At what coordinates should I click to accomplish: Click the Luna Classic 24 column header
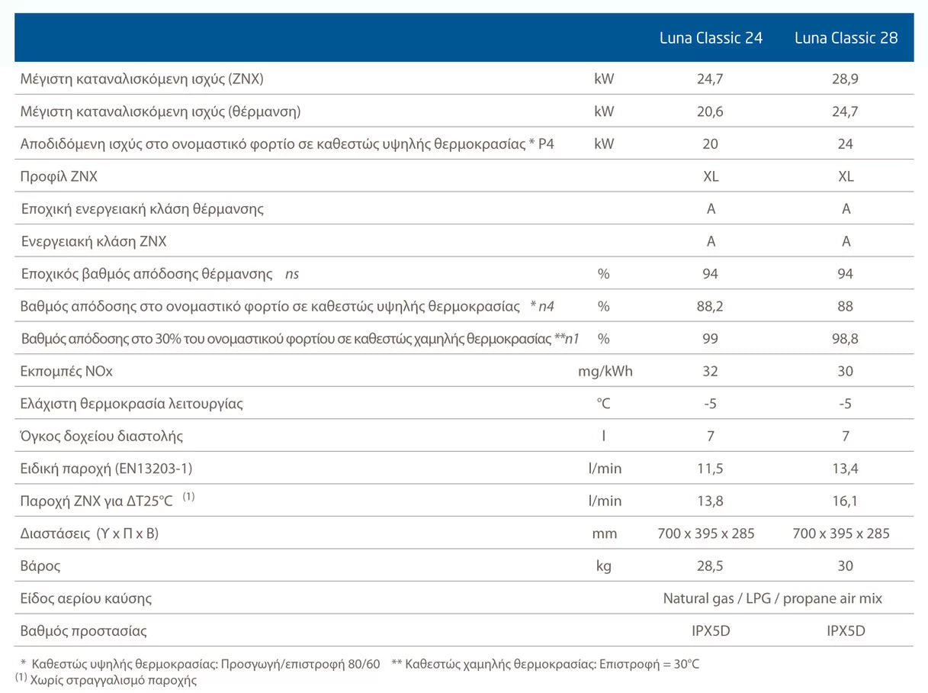click(711, 37)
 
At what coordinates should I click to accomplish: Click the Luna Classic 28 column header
click(846, 37)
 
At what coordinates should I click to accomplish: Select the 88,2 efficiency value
click(711, 306)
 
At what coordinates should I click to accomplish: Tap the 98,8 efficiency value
click(846, 339)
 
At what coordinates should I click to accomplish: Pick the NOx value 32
click(711, 372)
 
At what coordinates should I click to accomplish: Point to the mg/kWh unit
click(605, 372)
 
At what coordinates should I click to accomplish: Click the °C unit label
click(604, 404)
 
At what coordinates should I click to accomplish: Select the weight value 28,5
click(711, 566)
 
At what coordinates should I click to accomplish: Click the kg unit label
click(604, 566)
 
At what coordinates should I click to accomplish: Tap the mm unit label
click(604, 533)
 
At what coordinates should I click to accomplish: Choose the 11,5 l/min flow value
click(711, 469)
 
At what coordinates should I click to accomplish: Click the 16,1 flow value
click(846, 501)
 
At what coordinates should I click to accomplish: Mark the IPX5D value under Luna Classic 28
click(846, 631)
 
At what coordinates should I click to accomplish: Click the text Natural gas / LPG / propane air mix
click(772, 598)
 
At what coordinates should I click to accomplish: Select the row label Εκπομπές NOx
click(66, 372)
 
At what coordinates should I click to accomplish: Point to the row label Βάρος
click(40, 566)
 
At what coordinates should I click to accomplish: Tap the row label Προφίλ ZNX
click(59, 177)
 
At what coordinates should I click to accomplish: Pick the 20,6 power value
click(711, 111)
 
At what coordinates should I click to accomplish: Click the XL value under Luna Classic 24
click(711, 177)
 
